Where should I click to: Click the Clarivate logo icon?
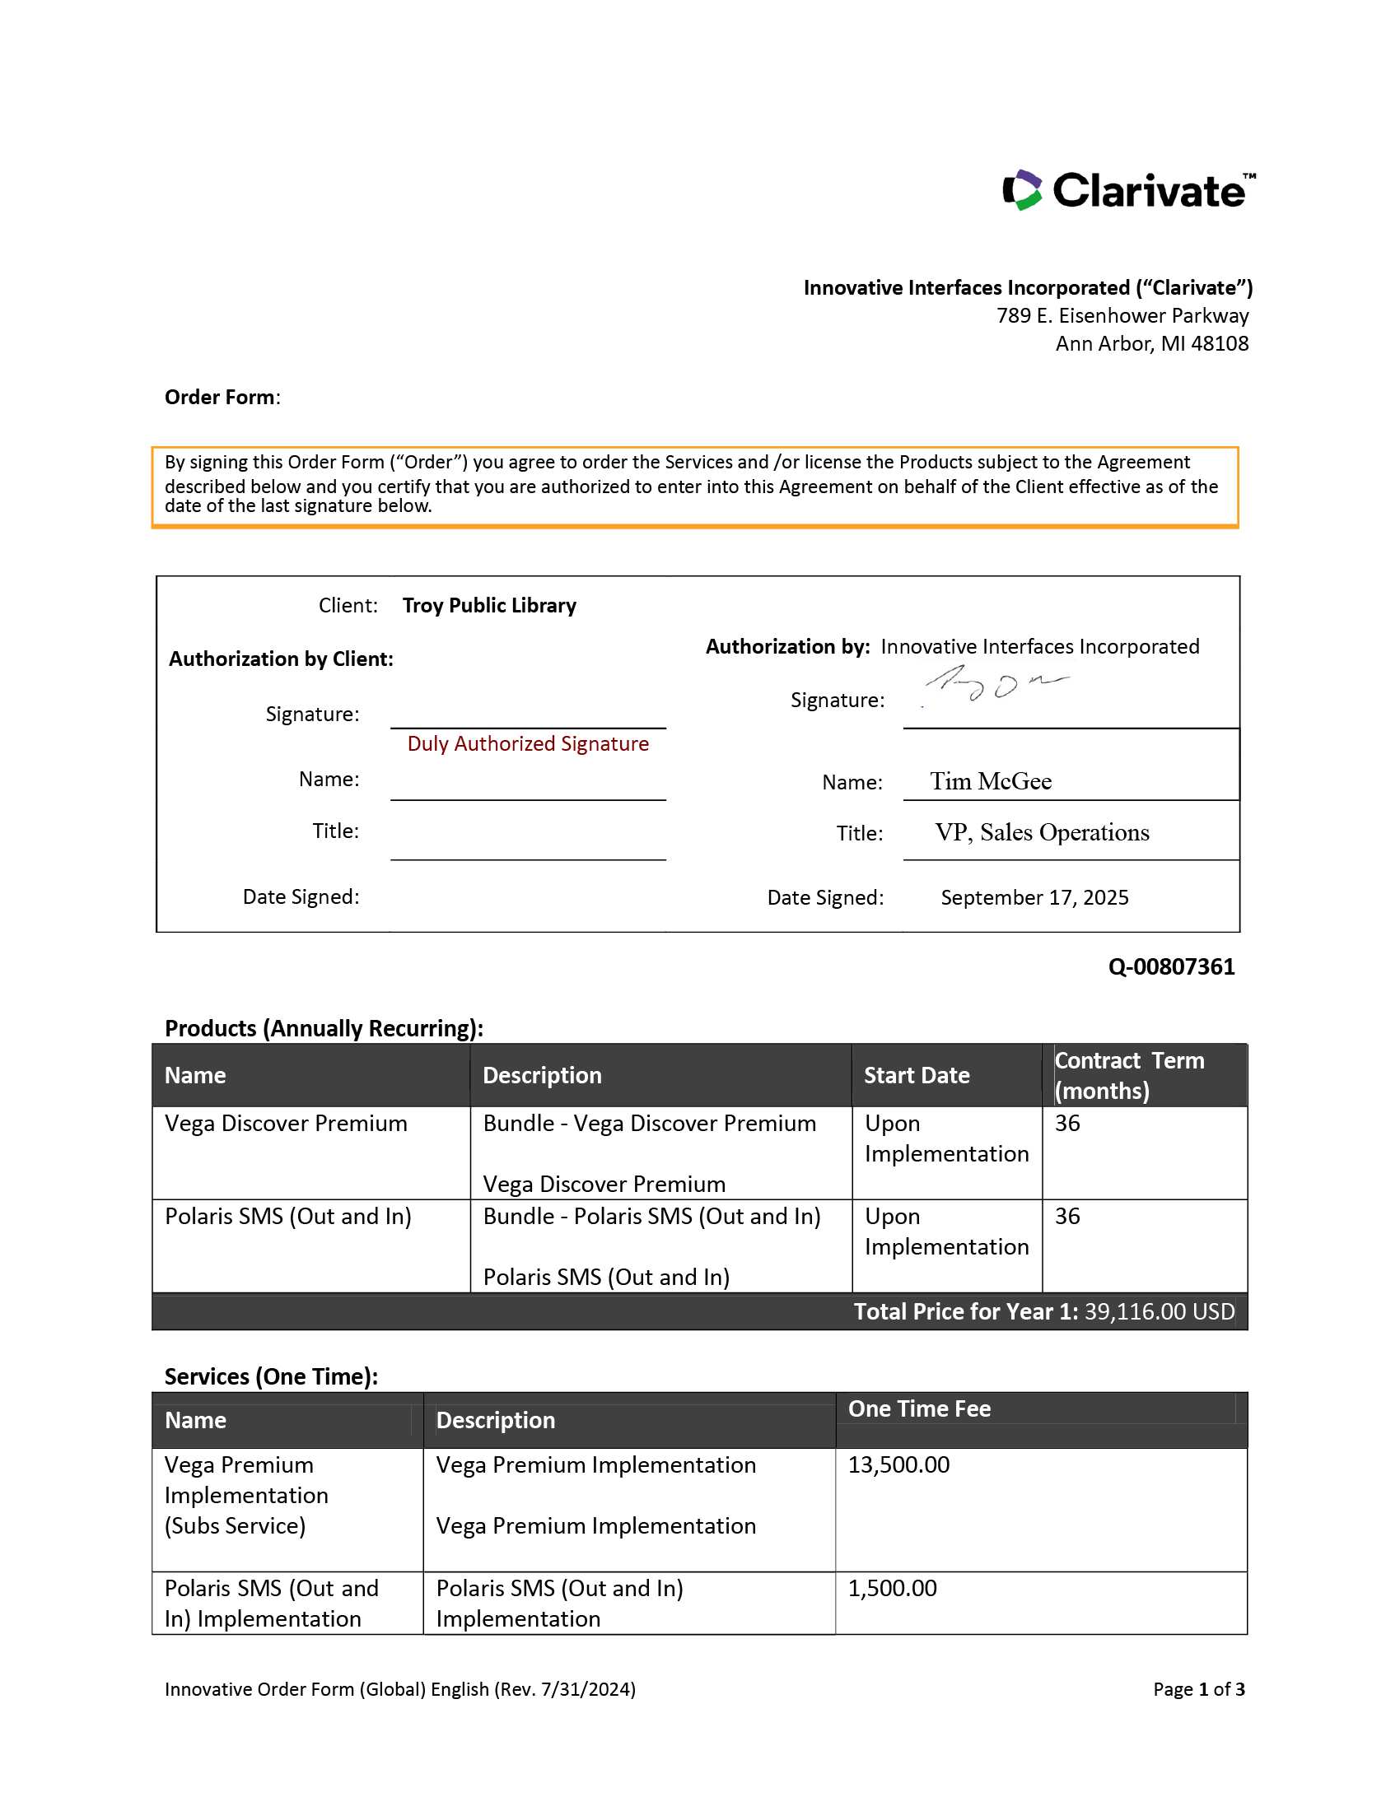click(1022, 190)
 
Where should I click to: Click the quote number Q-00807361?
click(1170, 967)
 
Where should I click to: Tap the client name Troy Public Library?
click(488, 605)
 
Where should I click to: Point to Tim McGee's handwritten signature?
click(996, 684)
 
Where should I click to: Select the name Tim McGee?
click(990, 781)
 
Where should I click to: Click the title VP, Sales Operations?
click(1042, 832)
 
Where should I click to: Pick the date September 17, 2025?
click(1034, 897)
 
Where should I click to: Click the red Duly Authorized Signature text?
click(528, 744)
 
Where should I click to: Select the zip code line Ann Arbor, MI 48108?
click(1151, 343)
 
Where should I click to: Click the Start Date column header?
click(917, 1076)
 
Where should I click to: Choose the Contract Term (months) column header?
click(1128, 1076)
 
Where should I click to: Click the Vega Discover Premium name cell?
click(286, 1124)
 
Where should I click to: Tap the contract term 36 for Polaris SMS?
click(1067, 1217)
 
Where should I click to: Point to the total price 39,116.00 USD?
click(1159, 1311)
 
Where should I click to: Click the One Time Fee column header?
click(919, 1408)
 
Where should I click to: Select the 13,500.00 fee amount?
click(898, 1464)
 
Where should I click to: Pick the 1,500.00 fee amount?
click(892, 1588)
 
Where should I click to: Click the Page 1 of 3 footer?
click(1198, 1689)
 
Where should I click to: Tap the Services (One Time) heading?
click(271, 1376)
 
